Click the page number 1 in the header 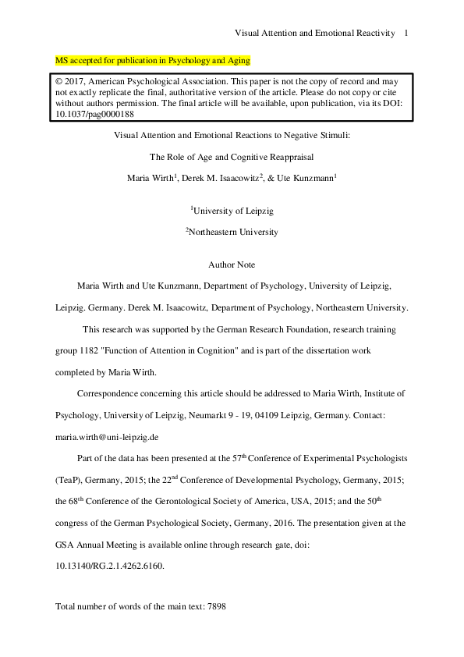click(406, 33)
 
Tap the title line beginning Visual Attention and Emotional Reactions click(232, 135)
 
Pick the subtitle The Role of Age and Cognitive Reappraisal click(232, 156)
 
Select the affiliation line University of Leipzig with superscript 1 click(232, 211)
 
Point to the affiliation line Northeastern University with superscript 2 click(232, 232)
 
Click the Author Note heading click(232, 265)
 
